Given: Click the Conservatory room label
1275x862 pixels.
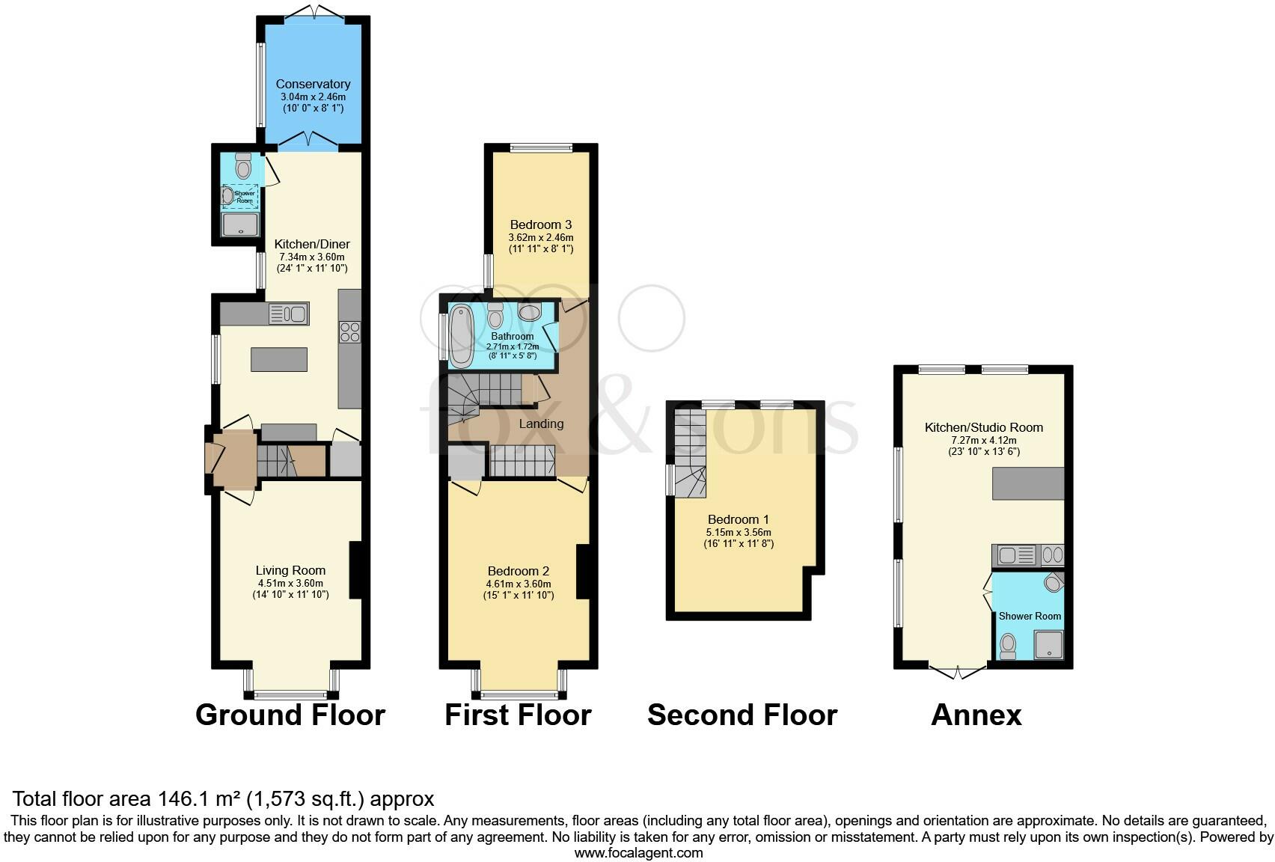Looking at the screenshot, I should click(x=313, y=84).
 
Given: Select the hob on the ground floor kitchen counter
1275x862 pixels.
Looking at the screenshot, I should click(x=349, y=331).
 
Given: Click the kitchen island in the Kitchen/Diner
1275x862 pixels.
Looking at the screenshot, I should click(x=279, y=360).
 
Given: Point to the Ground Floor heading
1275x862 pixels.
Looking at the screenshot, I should click(x=290, y=715).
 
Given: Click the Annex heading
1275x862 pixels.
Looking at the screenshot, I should click(x=976, y=715).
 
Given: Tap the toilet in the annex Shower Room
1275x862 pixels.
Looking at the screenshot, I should click(x=1008, y=645).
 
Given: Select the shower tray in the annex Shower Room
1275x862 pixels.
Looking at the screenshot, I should click(x=1048, y=644).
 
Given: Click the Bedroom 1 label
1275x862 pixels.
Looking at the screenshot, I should click(x=738, y=519).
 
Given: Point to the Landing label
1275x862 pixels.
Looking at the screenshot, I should click(x=541, y=424).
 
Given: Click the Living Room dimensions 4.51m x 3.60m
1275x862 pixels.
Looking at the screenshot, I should click(x=290, y=584).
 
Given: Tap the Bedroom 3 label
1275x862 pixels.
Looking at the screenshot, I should click(x=541, y=224).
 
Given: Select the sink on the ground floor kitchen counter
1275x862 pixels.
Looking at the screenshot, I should click(x=289, y=314).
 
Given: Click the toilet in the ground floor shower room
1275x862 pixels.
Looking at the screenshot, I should click(x=242, y=167).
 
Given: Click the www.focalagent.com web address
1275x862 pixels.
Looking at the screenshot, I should click(x=638, y=852).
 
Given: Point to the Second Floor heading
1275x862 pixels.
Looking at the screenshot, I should click(x=742, y=715).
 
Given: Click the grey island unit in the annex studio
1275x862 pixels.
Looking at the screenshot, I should click(x=1027, y=483).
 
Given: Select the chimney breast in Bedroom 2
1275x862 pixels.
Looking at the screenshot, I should click(x=582, y=572).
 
